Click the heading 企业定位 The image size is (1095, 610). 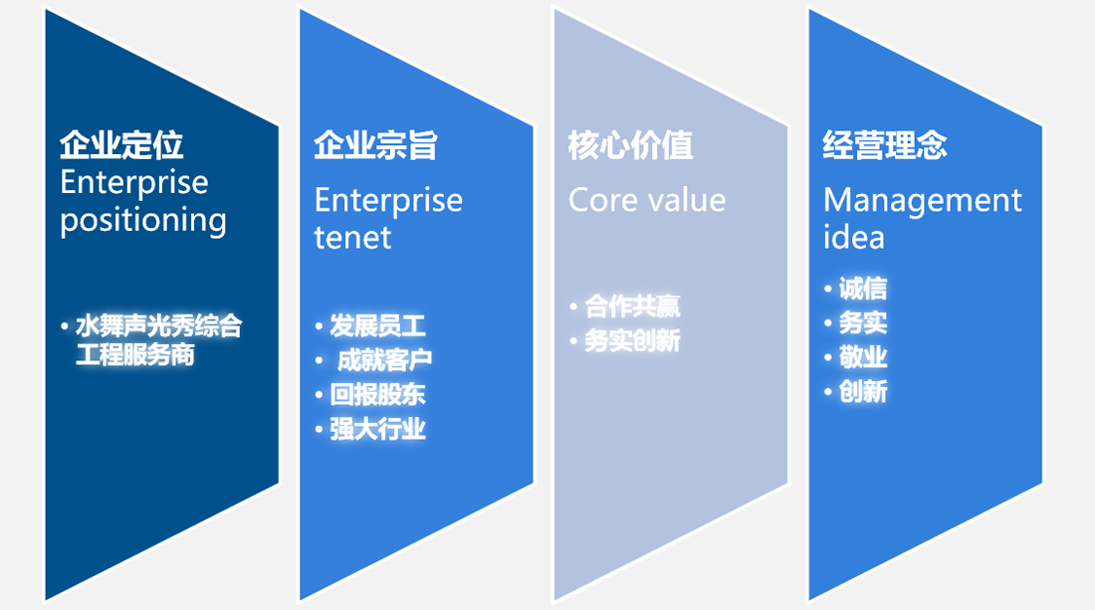point(121,145)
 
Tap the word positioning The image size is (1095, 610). point(143,221)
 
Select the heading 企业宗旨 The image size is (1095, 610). point(375,145)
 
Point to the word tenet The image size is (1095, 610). point(352,237)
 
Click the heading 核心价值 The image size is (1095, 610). point(630,145)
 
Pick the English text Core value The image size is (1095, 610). point(647,200)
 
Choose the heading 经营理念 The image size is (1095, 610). point(885,145)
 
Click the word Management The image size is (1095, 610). point(923,202)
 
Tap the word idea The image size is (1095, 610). point(854,237)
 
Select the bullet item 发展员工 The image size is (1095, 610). point(377,326)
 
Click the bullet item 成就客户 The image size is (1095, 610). point(384,360)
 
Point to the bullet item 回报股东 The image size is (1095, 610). point(377,394)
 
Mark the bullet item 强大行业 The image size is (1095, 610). point(377,429)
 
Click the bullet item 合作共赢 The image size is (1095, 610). point(632,306)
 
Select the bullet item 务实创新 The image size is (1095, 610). point(632,340)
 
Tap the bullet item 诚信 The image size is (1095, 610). point(862,289)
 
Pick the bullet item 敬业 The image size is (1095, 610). point(862,356)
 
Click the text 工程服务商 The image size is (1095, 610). point(134,354)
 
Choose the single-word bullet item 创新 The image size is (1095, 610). point(862,391)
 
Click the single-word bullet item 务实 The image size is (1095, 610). point(862,322)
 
